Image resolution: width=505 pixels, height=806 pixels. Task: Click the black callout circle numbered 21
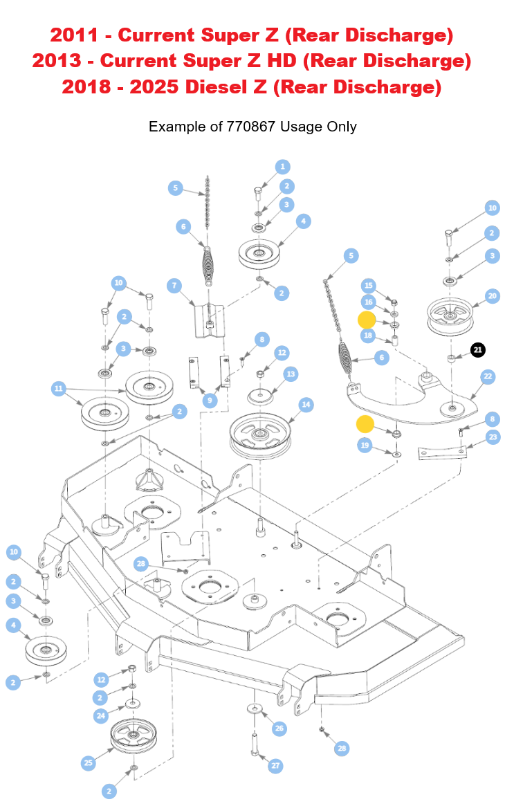(477, 350)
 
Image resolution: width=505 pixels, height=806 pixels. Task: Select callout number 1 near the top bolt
(282, 167)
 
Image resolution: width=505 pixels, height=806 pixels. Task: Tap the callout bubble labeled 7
(174, 285)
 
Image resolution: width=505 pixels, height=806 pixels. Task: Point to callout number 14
(306, 404)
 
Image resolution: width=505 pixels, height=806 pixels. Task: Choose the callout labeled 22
(488, 376)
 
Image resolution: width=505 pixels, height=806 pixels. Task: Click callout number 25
(88, 762)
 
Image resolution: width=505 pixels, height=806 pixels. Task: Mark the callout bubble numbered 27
(276, 765)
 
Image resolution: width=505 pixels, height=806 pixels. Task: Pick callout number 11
(59, 389)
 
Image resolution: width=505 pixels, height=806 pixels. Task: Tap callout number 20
(492, 295)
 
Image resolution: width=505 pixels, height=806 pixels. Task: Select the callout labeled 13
(291, 374)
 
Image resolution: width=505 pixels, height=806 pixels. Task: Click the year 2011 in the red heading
(68, 35)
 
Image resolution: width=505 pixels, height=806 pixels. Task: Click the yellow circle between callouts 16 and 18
(366, 320)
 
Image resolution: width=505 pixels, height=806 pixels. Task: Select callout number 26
(279, 728)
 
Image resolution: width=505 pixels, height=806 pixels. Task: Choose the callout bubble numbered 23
(493, 437)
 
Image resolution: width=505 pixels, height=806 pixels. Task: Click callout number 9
(208, 401)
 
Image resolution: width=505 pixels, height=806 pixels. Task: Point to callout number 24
(102, 715)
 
